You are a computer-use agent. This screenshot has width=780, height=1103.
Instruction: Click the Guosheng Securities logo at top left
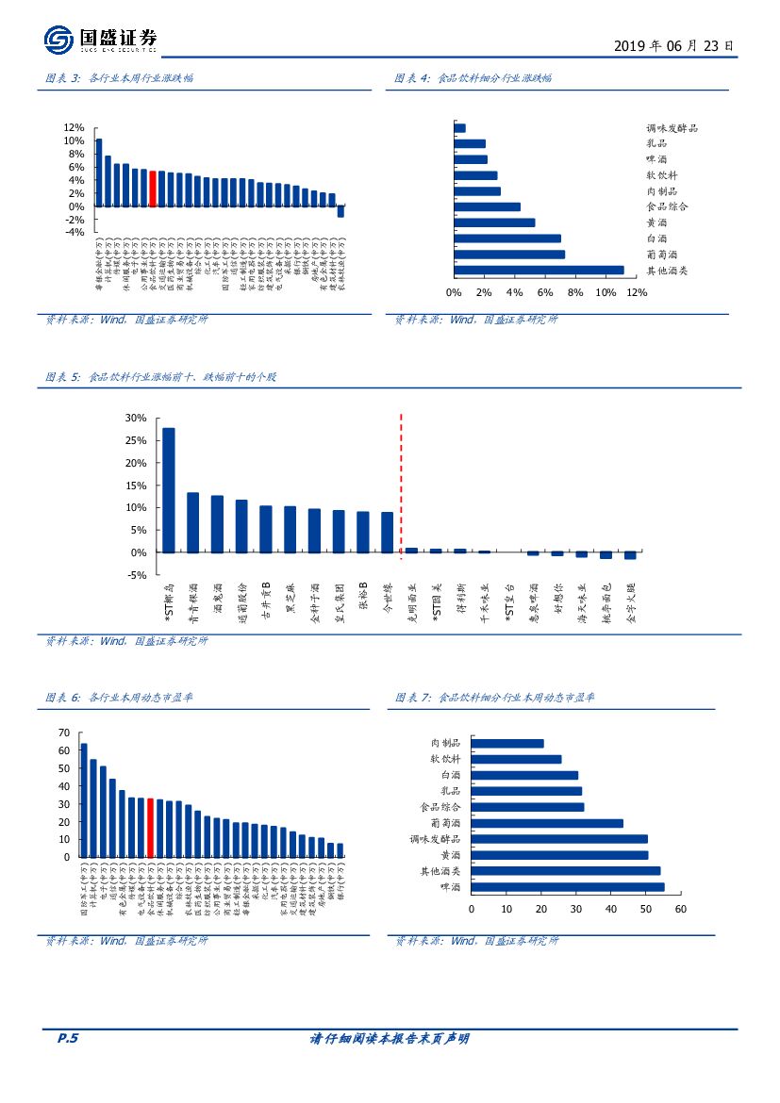pos(99,40)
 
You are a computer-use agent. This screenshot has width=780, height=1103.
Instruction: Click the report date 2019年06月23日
pos(672,45)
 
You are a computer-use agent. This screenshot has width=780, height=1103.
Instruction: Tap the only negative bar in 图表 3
pos(340,211)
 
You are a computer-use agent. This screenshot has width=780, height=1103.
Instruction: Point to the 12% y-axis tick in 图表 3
pos(75,127)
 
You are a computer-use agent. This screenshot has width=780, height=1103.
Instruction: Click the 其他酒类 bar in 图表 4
pos(539,271)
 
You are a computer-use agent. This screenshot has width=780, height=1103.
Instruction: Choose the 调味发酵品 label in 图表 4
pos(672,128)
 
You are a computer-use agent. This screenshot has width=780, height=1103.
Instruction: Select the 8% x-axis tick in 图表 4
pos(575,292)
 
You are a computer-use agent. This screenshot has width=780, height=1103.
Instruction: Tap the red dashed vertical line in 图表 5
pos(402,486)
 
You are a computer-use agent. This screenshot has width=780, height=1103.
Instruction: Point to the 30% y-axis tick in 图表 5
pos(136,418)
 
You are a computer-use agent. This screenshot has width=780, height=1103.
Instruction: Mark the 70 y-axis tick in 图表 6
pos(64,733)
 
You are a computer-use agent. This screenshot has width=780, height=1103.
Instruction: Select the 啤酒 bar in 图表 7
pos(567,887)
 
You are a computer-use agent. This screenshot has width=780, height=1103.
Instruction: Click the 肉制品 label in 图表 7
pos(445,743)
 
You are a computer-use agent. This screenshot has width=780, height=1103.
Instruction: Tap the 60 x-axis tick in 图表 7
pos(680,909)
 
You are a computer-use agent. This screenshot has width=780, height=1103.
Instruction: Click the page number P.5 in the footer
pos(67,1039)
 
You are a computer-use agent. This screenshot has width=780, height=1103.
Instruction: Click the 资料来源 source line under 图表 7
pos(476,941)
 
